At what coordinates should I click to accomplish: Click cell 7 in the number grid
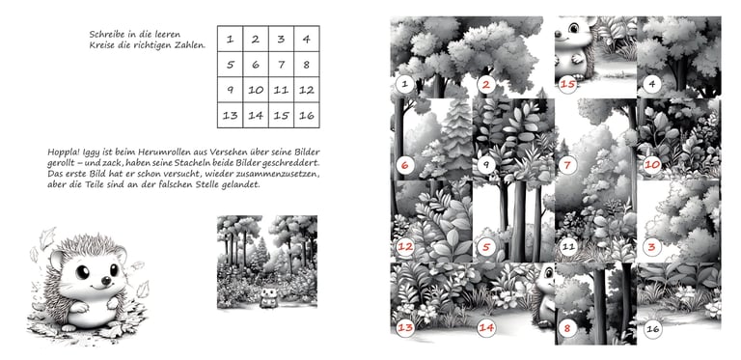coord(281,65)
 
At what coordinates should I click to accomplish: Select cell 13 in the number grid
coord(231,115)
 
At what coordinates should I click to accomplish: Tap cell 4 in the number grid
coord(307,39)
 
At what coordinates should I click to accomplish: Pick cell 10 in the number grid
coord(256,90)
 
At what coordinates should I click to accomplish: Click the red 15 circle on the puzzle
coord(567,84)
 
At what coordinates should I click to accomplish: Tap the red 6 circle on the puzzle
coord(404,166)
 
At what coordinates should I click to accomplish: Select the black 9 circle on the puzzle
coord(486,166)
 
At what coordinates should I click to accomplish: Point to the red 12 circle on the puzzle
coord(405,247)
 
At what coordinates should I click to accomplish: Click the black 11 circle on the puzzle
coord(568,247)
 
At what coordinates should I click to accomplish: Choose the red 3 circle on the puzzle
coord(651,247)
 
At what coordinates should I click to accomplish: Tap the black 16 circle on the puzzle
coord(652,328)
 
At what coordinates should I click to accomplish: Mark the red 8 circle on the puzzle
coord(567,328)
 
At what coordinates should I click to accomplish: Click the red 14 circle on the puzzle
coord(486,328)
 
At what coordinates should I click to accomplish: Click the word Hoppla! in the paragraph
coord(64,152)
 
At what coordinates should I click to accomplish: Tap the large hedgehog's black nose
coord(107,280)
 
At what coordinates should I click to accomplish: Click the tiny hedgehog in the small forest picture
coord(267,298)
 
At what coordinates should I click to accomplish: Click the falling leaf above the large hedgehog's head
coord(47,237)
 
